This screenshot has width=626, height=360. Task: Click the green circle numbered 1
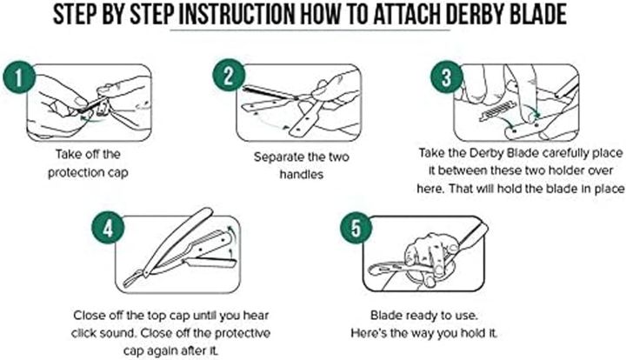[x=19, y=77]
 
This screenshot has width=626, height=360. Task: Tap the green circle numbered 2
[x=229, y=75]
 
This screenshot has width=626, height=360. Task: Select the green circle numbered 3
[x=447, y=77]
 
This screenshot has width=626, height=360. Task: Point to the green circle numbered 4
[x=108, y=229]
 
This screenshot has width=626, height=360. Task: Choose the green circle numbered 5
[x=356, y=229]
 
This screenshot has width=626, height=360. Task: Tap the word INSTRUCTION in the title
[x=236, y=15]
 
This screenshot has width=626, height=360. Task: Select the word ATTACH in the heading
[x=406, y=15]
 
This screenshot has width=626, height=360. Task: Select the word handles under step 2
[x=302, y=175]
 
